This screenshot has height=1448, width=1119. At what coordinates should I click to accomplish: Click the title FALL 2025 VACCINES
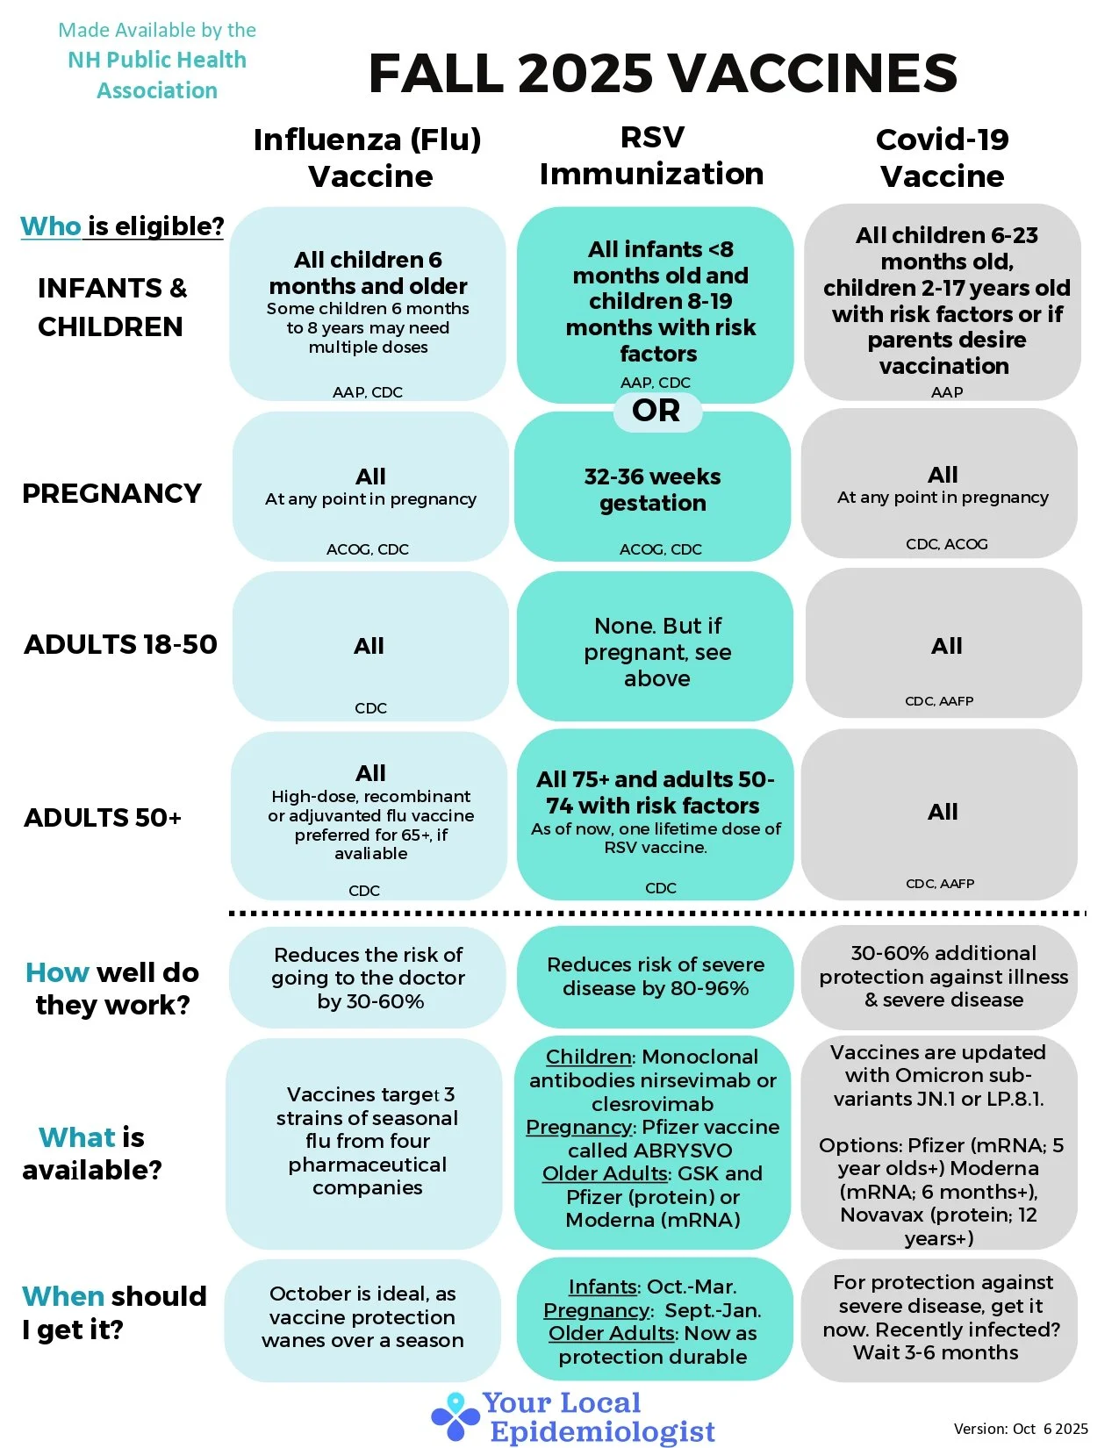click(x=663, y=73)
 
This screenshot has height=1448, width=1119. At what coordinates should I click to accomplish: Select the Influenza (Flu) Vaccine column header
click(x=368, y=158)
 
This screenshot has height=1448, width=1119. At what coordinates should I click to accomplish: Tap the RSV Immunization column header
click(x=651, y=155)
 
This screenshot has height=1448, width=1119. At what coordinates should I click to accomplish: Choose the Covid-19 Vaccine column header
click(x=942, y=158)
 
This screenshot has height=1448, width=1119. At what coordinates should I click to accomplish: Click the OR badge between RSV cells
click(x=656, y=411)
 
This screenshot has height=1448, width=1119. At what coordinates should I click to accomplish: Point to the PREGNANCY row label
click(x=111, y=493)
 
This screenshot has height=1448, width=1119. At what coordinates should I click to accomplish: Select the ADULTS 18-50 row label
click(x=120, y=644)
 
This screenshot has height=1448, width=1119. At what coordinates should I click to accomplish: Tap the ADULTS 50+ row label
click(x=103, y=818)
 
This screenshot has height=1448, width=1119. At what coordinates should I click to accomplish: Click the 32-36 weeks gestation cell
click(x=652, y=489)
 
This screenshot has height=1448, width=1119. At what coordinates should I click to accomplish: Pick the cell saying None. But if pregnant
click(x=656, y=651)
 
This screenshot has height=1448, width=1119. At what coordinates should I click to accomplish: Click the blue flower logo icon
click(x=455, y=1416)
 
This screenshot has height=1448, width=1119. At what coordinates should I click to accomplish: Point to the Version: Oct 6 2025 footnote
click(x=1021, y=1429)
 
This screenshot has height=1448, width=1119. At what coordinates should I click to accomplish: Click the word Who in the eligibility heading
click(x=51, y=226)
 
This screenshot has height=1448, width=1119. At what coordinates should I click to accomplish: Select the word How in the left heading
click(x=57, y=972)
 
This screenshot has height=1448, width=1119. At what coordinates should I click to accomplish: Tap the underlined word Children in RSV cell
click(x=589, y=1057)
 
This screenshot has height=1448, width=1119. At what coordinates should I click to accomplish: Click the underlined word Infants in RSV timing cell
click(x=602, y=1287)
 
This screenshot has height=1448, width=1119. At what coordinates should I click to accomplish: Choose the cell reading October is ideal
click(x=362, y=1317)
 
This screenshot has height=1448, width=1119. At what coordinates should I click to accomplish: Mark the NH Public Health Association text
click(x=157, y=75)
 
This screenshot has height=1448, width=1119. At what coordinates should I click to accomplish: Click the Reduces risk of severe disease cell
click(x=655, y=977)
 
